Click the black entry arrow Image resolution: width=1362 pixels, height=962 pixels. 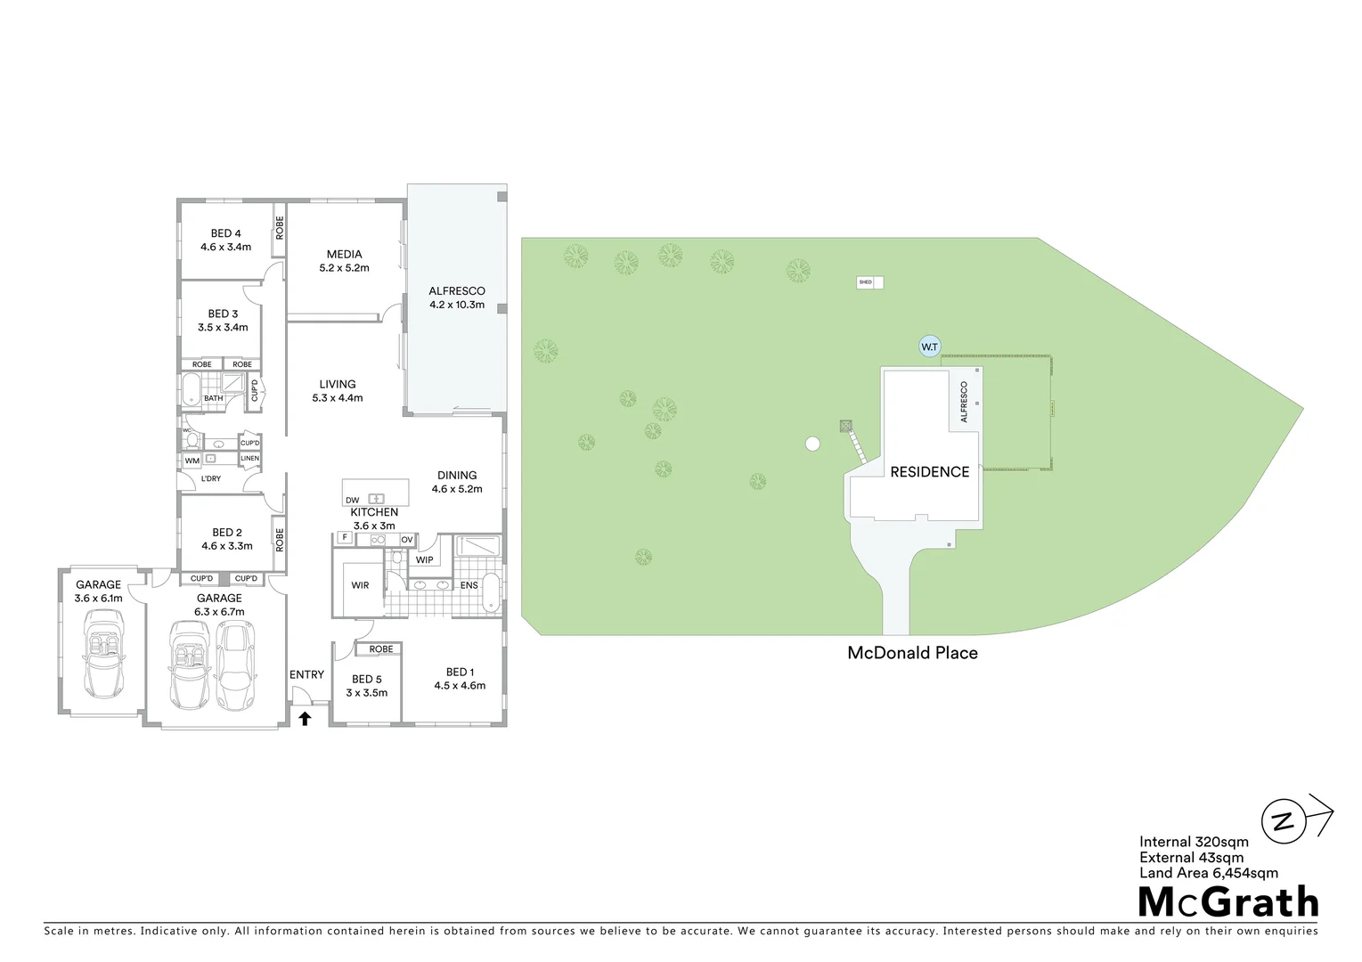[305, 718]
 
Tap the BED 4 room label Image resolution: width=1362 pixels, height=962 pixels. [225, 233]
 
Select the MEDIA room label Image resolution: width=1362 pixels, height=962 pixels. [344, 254]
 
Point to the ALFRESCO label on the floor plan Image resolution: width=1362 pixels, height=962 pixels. [457, 290]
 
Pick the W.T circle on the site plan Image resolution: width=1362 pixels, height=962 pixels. [929, 346]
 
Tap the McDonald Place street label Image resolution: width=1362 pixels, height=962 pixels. [912, 653]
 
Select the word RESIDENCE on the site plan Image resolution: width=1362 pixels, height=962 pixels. [929, 472]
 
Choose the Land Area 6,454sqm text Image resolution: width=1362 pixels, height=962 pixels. [1208, 873]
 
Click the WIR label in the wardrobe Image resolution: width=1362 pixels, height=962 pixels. [360, 585]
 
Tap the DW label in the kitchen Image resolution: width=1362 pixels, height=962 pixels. [353, 501]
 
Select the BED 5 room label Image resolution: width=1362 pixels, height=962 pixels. [366, 679]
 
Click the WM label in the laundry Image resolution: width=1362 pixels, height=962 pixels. [192, 461]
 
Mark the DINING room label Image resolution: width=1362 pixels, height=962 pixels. [457, 475]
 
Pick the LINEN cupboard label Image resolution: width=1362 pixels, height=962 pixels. [250, 459]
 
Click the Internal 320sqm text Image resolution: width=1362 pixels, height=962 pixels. [1194, 842]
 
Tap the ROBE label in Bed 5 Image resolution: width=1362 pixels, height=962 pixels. [381, 649]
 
